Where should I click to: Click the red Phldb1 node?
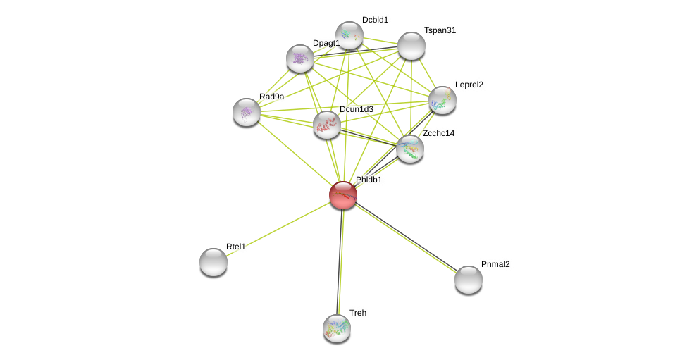pos(343,195)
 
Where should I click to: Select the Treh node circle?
pos(337,328)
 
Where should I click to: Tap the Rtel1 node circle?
pos(213,262)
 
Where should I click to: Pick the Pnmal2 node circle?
pos(469,280)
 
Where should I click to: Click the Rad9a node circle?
pos(247,112)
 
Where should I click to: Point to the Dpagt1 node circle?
pos(300,58)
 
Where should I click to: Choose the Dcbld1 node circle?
pos(349,35)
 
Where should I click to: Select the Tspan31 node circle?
pos(411,46)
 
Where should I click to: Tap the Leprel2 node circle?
pos(442,100)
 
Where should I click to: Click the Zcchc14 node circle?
pos(410,149)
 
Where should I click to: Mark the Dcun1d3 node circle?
pos(327,125)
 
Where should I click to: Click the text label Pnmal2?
pos(495,264)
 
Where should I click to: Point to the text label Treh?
pos(358,313)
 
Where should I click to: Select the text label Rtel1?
pos(236,247)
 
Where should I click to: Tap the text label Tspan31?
pos(440,30)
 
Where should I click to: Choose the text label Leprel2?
pos(469,85)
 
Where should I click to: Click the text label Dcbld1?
pos(375,20)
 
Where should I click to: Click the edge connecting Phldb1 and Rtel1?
pos(278,228)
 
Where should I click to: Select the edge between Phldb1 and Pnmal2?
pos(406,237)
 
